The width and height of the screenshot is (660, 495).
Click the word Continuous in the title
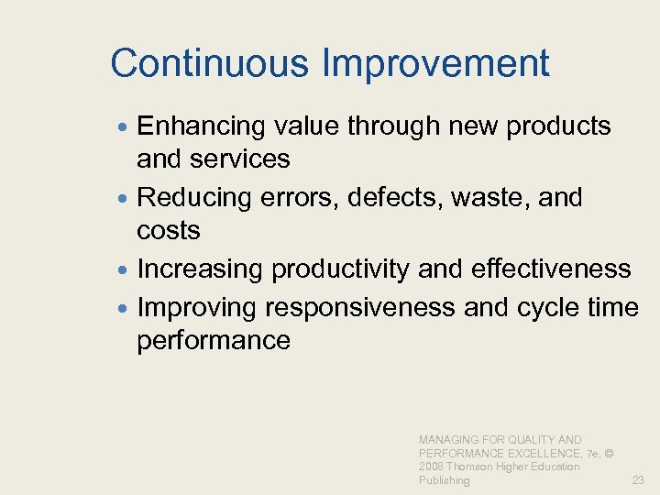coord(210,63)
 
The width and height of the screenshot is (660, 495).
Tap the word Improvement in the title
coord(435,64)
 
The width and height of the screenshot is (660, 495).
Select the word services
coord(241,159)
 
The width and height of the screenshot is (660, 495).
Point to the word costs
coord(169,231)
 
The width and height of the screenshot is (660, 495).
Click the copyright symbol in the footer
coord(610,454)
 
